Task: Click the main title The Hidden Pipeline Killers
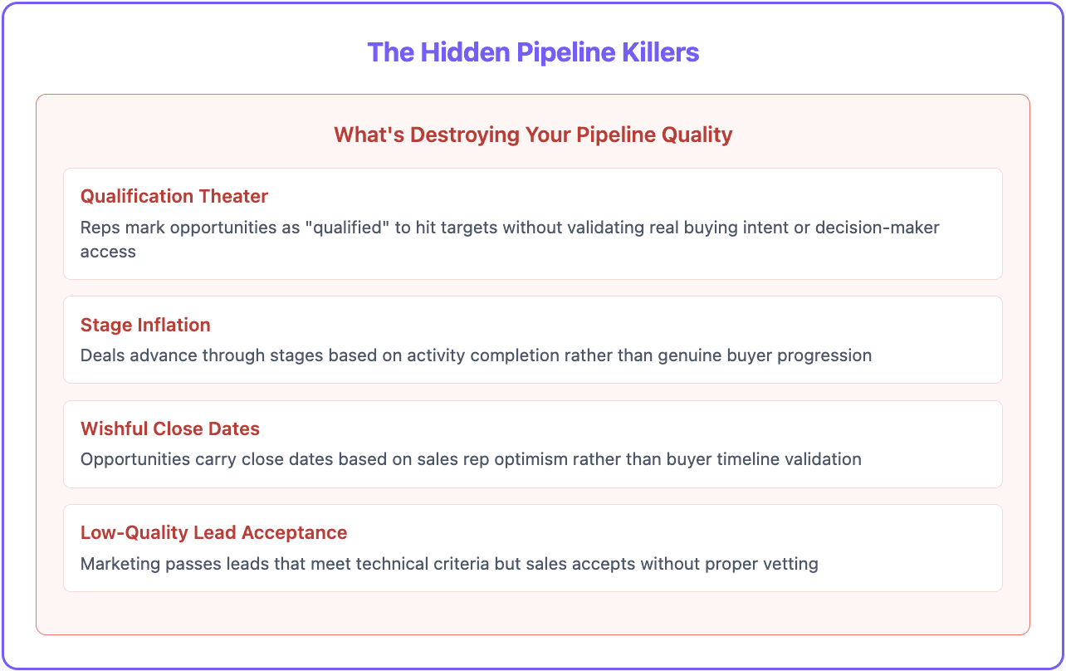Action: pos(533,52)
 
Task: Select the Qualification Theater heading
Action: pos(174,196)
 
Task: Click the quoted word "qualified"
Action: pos(349,228)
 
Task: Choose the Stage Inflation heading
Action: pos(145,325)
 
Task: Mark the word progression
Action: pos(827,355)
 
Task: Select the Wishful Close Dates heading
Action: pos(170,429)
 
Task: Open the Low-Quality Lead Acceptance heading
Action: pos(213,532)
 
